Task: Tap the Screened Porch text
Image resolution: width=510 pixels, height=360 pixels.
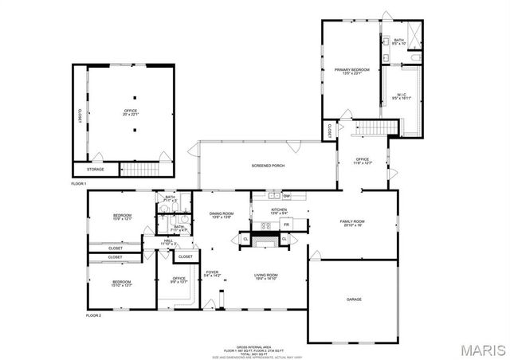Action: pos(268,166)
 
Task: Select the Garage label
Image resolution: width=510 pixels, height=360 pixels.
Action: pos(354,299)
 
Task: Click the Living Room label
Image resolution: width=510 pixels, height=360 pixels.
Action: pos(265,276)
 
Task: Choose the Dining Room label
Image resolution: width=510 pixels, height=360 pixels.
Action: pos(221,214)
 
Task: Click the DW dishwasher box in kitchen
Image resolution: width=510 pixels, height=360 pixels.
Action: pos(285,195)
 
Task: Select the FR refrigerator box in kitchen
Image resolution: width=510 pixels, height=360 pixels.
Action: pos(284,225)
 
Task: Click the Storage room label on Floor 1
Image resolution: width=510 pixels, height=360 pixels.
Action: pos(95,169)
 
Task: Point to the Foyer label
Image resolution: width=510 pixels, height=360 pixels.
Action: pos(212,273)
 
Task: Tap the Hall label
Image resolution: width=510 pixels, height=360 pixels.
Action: pos(168,241)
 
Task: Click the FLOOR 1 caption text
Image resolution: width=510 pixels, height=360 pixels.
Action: pos(78,184)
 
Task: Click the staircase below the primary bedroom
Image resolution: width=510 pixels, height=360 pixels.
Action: pos(375,128)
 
